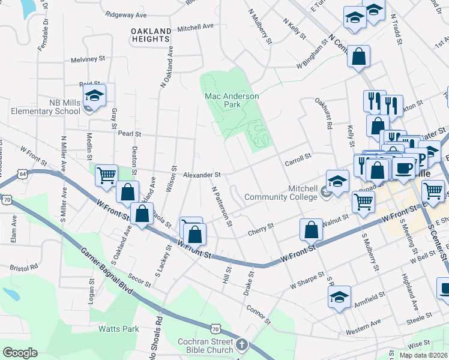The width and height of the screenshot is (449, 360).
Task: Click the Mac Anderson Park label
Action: click(232, 100)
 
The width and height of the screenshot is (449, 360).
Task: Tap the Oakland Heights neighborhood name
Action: click(151, 34)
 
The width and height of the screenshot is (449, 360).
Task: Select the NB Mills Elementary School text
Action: click(56, 107)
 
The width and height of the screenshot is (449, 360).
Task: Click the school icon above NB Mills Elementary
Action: click(94, 95)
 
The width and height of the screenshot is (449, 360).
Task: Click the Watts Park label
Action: click(119, 329)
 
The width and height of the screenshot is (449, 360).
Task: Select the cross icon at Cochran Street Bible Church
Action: click(241, 344)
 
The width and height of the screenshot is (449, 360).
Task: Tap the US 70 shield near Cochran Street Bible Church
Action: click(215, 328)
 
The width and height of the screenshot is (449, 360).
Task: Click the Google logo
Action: click(19, 352)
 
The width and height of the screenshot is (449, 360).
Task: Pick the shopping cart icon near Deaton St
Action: click(106, 176)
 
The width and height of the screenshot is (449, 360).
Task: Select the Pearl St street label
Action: click(129, 133)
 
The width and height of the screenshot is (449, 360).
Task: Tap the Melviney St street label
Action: click(88, 59)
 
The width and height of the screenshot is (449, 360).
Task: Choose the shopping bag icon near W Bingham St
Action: click(358, 57)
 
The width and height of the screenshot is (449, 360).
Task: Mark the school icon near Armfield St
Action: click(339, 297)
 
